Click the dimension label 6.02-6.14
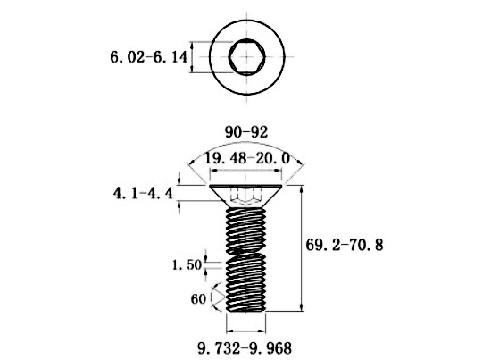click(x=148, y=57)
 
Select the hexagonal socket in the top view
click(x=247, y=57)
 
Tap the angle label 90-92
click(x=246, y=132)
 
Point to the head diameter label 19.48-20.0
click(x=247, y=158)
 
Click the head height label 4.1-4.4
click(x=143, y=193)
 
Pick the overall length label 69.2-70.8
click(x=344, y=245)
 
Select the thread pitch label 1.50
click(x=187, y=265)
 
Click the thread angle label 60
click(x=198, y=299)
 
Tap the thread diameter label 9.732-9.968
click(x=245, y=348)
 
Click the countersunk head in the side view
click(x=245, y=196)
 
